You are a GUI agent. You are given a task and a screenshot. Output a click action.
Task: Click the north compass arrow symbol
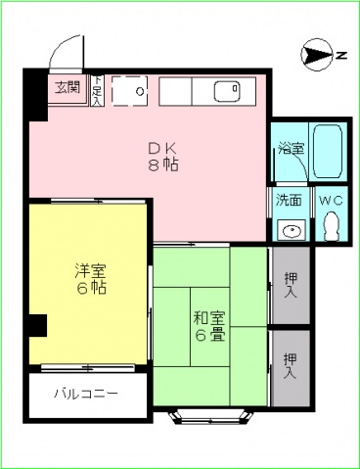click(319, 54)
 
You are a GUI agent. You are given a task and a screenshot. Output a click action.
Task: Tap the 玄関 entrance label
click(67, 87)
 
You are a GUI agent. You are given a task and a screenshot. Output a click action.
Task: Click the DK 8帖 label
click(161, 156)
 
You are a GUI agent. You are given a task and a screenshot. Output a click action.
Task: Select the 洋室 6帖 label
click(89, 280)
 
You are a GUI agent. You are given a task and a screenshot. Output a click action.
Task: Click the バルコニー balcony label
click(87, 396)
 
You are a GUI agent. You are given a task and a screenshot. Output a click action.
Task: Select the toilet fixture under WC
click(330, 227)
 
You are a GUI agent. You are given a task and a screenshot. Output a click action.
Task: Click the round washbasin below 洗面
click(290, 230)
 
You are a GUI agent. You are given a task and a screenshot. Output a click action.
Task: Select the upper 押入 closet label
click(291, 286)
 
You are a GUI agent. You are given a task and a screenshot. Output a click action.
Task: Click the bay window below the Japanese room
click(209, 418)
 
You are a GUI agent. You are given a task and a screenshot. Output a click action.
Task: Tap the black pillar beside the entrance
click(33, 92)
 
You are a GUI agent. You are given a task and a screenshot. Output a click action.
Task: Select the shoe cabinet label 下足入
click(99, 91)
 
